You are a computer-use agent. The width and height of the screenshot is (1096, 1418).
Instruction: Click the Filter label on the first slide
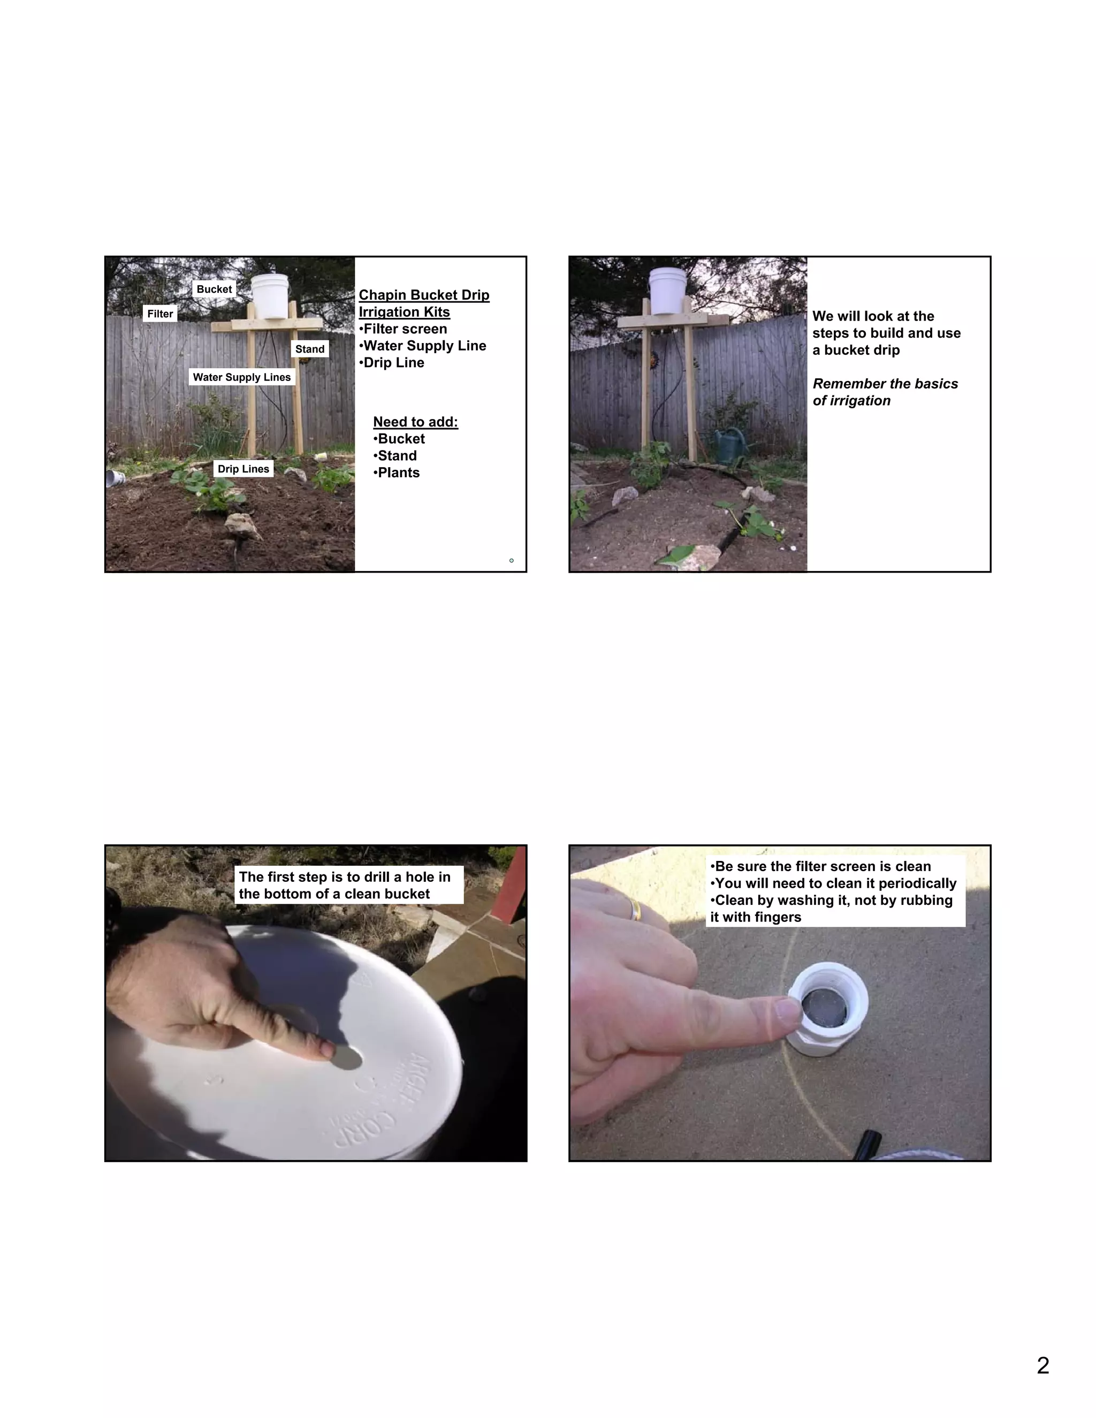coord(159,314)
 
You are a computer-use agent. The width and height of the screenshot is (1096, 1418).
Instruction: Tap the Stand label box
coord(310,349)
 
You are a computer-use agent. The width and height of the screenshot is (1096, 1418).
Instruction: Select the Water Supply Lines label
coord(241,377)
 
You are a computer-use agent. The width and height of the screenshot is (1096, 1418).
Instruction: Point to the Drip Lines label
coord(243,469)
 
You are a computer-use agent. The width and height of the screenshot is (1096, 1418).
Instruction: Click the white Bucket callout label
coord(214,289)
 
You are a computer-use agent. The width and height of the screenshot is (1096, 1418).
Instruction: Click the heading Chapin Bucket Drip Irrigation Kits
coord(423,303)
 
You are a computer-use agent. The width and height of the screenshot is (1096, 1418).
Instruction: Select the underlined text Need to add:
coord(415,422)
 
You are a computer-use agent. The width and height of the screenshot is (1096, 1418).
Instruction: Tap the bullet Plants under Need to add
coord(397,472)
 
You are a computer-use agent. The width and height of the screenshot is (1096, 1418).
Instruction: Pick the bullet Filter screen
coord(403,329)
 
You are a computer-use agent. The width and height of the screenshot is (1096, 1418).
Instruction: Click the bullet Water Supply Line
coord(423,346)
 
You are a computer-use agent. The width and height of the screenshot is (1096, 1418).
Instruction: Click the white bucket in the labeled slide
coord(270,296)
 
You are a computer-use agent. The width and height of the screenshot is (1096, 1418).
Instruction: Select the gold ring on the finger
coord(634,910)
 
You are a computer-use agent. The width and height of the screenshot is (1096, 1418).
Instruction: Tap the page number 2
coord(1043,1366)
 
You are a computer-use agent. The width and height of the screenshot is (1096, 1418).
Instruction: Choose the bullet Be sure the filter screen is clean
coord(821,867)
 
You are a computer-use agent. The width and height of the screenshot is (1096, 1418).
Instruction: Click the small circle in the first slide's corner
coord(512,560)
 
